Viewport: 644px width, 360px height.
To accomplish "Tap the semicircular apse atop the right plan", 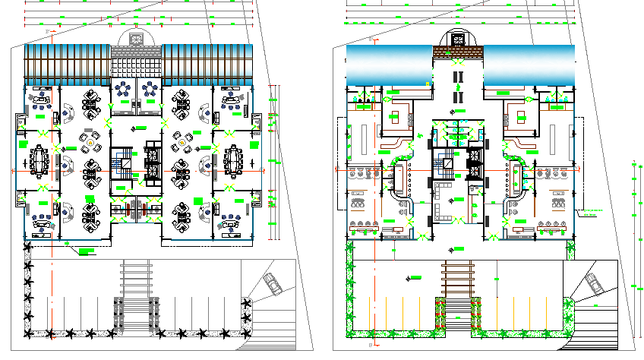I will (458, 37).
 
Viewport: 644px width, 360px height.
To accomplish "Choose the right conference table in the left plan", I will (234, 161).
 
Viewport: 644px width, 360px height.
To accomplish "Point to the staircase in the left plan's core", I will (121, 160).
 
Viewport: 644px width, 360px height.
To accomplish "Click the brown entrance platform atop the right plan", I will (458, 51).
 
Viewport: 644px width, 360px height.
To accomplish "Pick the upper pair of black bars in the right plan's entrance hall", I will (458, 78).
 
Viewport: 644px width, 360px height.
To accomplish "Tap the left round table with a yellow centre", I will (91, 142).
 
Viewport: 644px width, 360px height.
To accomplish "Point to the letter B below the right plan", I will (370, 346).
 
